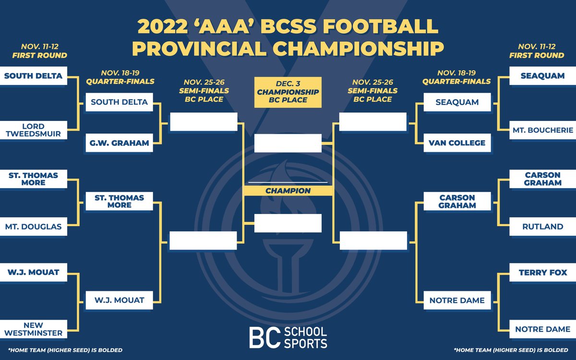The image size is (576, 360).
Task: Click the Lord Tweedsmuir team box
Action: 33,130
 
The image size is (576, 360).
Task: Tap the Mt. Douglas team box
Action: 33,227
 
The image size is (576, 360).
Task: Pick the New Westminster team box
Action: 33,329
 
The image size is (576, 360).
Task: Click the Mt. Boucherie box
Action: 542,130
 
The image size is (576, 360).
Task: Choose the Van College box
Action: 457,143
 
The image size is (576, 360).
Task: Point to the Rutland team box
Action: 542,227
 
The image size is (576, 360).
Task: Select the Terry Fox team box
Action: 542,273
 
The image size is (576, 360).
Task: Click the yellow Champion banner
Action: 288,191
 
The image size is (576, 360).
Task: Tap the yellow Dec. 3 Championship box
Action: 288,91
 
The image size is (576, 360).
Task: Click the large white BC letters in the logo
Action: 264,338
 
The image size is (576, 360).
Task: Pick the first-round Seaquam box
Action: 542,76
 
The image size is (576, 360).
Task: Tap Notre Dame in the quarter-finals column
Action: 457,300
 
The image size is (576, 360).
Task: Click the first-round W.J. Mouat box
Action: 33,273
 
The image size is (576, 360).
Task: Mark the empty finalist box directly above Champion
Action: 288,143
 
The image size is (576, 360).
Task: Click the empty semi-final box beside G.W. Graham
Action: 204,122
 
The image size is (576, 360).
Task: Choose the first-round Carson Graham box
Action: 542,179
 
